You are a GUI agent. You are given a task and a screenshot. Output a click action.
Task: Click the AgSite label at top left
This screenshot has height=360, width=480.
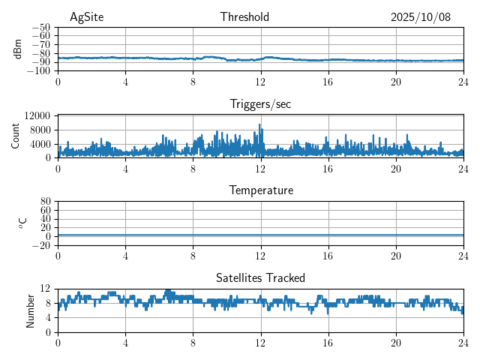(86, 17)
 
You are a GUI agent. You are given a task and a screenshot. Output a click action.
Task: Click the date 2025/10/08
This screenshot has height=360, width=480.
(421, 17)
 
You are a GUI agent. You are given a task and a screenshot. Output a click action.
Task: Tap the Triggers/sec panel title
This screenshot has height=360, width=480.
(260, 104)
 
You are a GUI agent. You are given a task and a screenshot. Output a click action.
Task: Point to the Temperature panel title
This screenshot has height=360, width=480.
(260, 190)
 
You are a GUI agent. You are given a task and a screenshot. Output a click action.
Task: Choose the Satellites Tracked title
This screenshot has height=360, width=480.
(260, 278)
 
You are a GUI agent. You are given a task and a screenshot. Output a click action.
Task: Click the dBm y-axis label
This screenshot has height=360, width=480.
(18, 49)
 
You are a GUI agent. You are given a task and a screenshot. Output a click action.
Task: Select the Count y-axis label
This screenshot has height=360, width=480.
(16, 136)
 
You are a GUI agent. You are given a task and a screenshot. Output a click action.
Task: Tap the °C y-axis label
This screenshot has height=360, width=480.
(22, 223)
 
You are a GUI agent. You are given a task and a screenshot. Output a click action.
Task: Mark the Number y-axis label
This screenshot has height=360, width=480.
(31, 310)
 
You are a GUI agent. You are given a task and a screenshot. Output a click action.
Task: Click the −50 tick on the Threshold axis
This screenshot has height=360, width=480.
(41, 27)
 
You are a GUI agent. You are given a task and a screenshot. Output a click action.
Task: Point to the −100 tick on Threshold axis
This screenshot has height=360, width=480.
(39, 71)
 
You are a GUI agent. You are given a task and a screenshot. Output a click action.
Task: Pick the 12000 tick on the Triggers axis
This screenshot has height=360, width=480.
(37, 115)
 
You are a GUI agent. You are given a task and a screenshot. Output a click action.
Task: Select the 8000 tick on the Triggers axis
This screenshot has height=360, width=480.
(40, 130)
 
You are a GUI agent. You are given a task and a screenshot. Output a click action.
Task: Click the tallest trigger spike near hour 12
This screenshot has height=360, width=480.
(260, 125)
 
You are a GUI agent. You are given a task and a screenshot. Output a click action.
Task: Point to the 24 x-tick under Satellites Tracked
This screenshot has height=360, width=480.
(463, 342)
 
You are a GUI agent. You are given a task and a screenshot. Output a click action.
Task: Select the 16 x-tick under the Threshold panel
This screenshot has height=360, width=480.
(328, 81)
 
